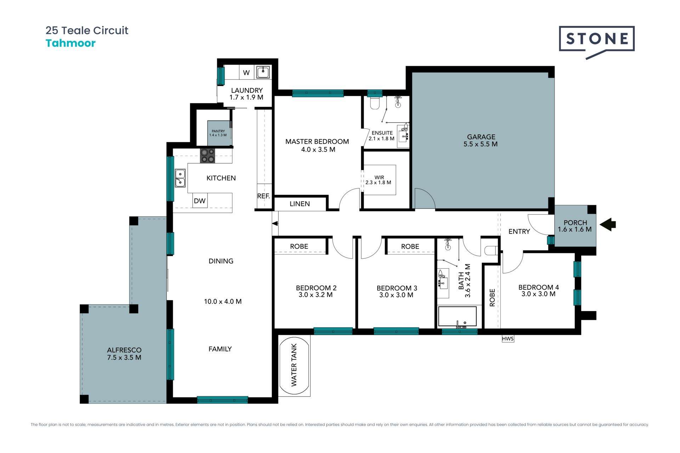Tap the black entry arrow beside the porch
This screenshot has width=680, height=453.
(x=608, y=224)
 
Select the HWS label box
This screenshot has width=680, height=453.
(x=508, y=339)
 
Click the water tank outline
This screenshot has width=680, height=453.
(x=294, y=365)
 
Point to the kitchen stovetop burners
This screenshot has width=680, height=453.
(x=208, y=156)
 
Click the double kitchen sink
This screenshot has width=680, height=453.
(x=180, y=178)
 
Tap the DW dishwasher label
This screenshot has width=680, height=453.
(x=200, y=201)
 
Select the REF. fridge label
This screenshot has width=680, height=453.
(x=263, y=196)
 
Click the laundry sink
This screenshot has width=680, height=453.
(x=263, y=72)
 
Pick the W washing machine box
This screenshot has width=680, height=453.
(x=246, y=73)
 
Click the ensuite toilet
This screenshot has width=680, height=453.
(x=375, y=103)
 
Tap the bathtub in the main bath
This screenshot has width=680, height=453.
(x=457, y=316)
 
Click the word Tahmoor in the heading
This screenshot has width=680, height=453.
(x=70, y=43)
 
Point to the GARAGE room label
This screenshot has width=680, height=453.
(x=481, y=137)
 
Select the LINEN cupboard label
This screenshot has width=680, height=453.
(x=300, y=203)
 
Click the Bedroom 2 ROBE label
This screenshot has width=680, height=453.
(x=299, y=246)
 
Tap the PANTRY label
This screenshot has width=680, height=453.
(x=218, y=131)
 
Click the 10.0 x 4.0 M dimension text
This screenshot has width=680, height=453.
(x=223, y=302)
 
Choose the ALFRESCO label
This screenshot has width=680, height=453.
(x=124, y=350)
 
